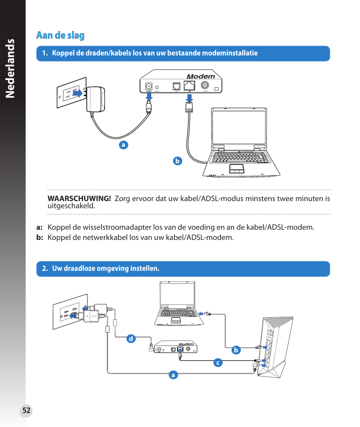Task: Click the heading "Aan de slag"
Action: pyautogui.click(x=60, y=35)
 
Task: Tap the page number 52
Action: pyautogui.click(x=26, y=411)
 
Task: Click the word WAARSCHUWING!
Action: pyautogui.click(x=79, y=199)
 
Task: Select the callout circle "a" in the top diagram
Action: pyautogui.click(x=123, y=144)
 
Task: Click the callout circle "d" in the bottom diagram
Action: pyautogui.click(x=131, y=339)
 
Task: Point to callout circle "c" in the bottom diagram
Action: pyautogui.click(x=217, y=363)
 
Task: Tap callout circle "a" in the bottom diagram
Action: pyautogui.click(x=173, y=375)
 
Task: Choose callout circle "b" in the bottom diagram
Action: pyautogui.click(x=236, y=350)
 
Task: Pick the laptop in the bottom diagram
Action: pyautogui.click(x=177, y=304)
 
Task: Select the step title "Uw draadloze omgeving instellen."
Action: pyautogui.click(x=106, y=269)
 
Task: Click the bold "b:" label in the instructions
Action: pyautogui.click(x=40, y=238)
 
